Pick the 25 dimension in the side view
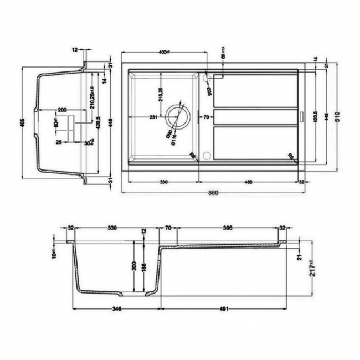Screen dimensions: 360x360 (x=58, y=142)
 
